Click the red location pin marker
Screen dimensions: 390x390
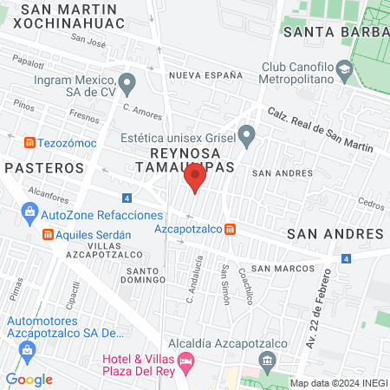click(x=194, y=179)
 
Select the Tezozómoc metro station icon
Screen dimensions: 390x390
click(x=29, y=141)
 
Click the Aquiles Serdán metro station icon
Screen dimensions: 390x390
click(x=49, y=235)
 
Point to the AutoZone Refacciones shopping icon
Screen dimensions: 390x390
click(x=29, y=213)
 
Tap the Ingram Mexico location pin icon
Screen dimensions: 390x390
click(x=127, y=84)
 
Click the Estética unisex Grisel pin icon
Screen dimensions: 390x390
click(x=246, y=135)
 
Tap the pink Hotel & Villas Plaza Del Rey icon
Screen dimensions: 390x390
click(x=185, y=360)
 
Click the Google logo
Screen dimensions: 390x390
click(x=29, y=380)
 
